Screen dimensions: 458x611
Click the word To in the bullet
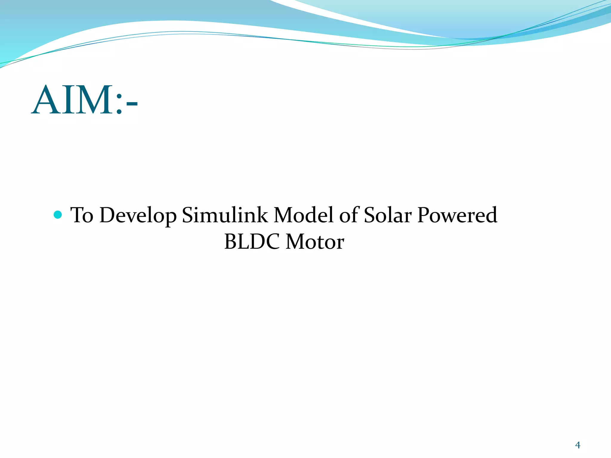coord(81,215)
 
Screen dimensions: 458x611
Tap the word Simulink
coord(225,215)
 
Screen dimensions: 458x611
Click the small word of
coord(349,215)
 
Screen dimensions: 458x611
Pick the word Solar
coord(388,215)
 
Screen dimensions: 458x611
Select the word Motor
coord(315,242)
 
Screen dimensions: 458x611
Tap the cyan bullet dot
coord(58,214)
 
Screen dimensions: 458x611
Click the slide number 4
coord(578,445)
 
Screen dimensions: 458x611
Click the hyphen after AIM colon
coord(132,104)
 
